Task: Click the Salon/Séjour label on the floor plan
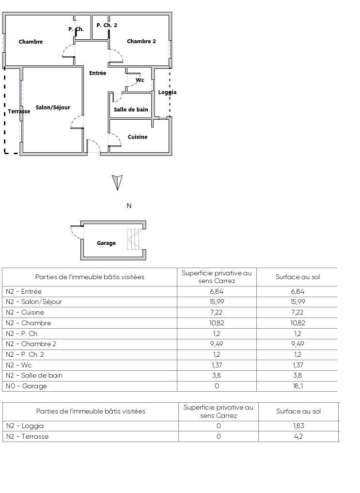pos(53,108)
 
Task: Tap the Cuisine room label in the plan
pos(138,137)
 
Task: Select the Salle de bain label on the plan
pos(131,110)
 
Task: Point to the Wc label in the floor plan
pos(140,80)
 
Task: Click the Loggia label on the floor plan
pos(167,92)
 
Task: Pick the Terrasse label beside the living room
pos(19,111)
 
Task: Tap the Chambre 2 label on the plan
pos(141,42)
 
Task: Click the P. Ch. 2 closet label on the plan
pos(107,25)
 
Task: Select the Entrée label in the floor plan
pos(97,73)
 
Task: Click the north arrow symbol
pos(117,182)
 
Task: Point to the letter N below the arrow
pos(129,206)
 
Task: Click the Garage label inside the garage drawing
pos(106,243)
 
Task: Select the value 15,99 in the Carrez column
pos(216,302)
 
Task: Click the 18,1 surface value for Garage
pos(297,386)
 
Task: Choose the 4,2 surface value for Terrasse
pos(298,437)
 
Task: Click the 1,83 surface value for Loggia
pos(298,426)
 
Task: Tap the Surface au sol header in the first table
pos(297,277)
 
